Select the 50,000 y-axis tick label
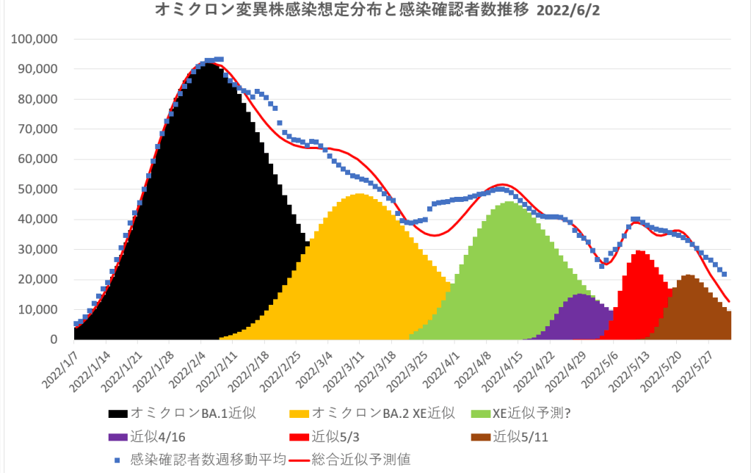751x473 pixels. [40, 189]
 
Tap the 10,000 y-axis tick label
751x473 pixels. [40, 310]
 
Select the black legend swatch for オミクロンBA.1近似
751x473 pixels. [117, 413]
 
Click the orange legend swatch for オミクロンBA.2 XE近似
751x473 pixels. [300, 413]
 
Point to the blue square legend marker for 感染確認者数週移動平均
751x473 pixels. [117, 460]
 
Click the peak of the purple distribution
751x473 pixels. [580, 295]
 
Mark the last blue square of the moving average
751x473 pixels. [725, 274]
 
